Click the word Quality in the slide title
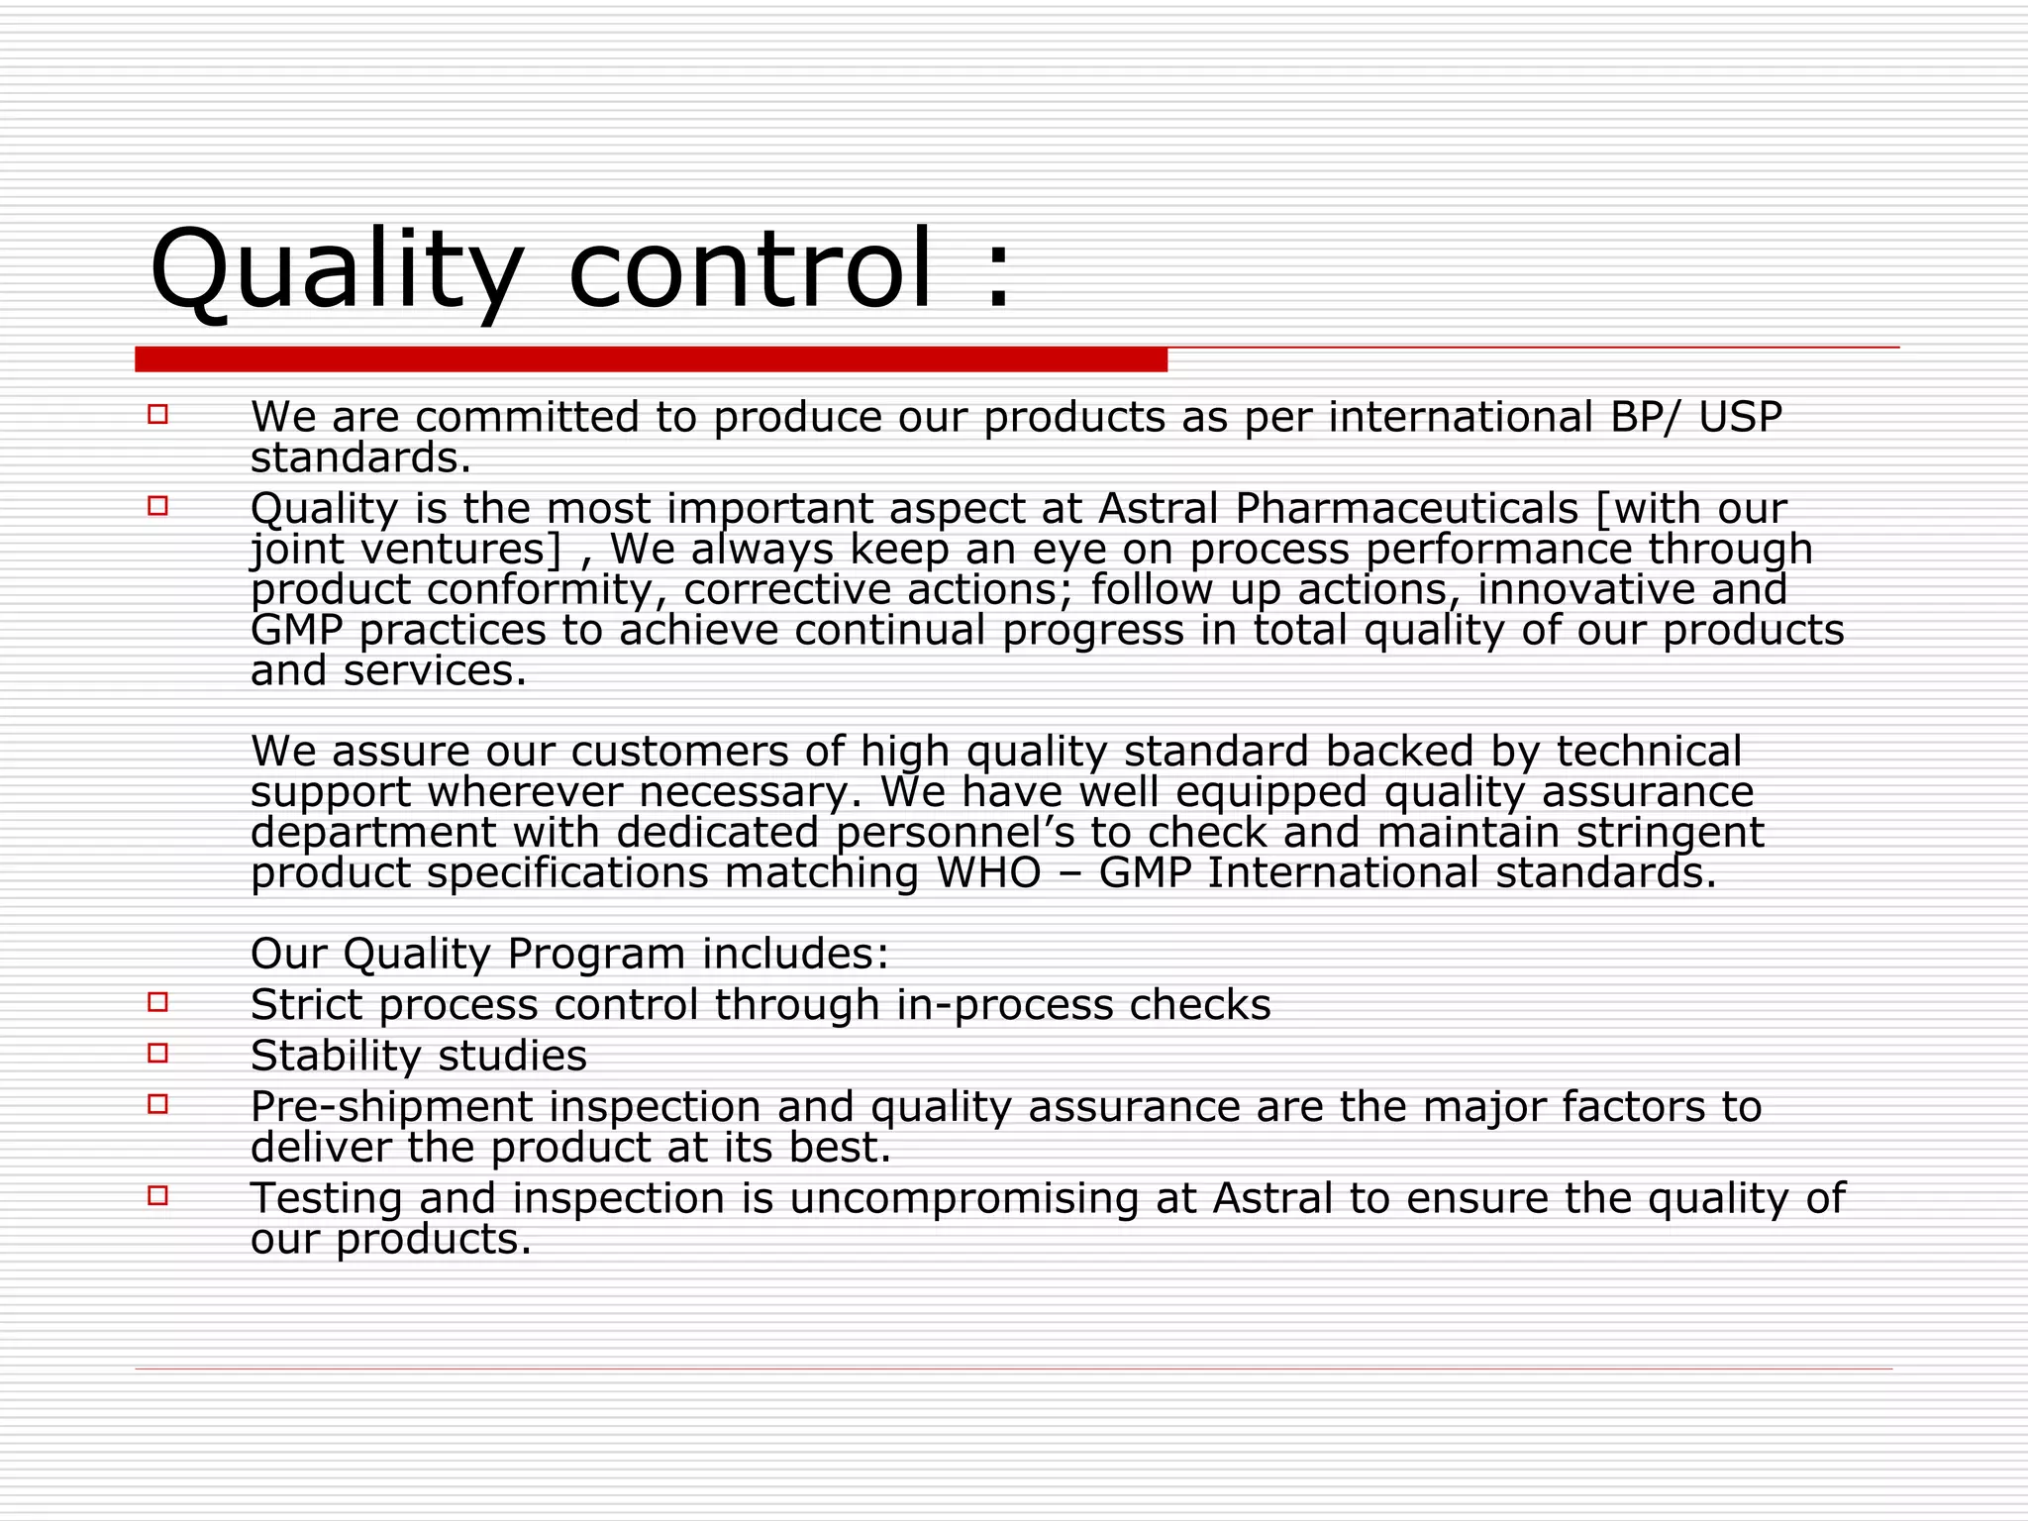pyautogui.click(x=336, y=269)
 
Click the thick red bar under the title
pyautogui.click(x=651, y=359)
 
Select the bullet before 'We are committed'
pyautogui.click(x=158, y=414)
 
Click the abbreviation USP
pyautogui.click(x=1740, y=417)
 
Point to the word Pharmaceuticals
pyautogui.click(x=1406, y=509)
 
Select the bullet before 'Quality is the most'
pyautogui.click(x=158, y=506)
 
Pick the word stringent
pyautogui.click(x=1670, y=833)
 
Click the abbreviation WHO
pyautogui.click(x=988, y=873)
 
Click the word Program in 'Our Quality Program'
pyautogui.click(x=596, y=955)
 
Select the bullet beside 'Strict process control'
pyautogui.click(x=158, y=1002)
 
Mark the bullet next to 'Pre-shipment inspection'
pyautogui.click(x=158, y=1103)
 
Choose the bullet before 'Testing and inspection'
pyautogui.click(x=158, y=1195)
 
